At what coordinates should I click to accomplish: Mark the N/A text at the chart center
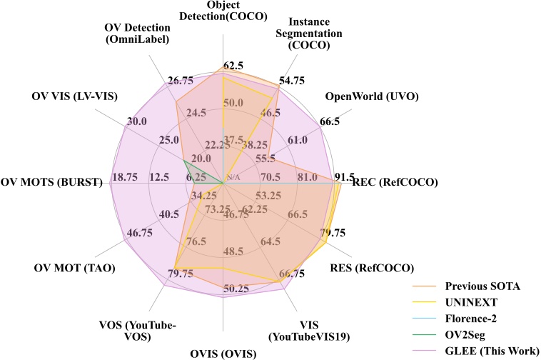click(x=233, y=176)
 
